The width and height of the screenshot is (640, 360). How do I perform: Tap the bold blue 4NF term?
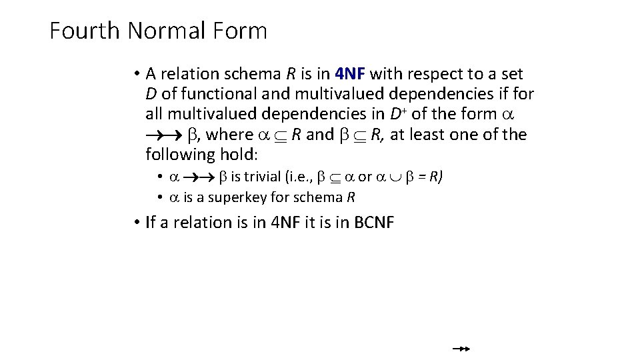pos(350,74)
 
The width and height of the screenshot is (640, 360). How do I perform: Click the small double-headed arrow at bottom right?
pos(461,348)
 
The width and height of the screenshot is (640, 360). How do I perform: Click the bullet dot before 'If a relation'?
pos(135,222)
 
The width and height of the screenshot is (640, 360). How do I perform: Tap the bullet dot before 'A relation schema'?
pos(135,74)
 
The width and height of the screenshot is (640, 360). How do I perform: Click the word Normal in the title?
pos(167,31)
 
